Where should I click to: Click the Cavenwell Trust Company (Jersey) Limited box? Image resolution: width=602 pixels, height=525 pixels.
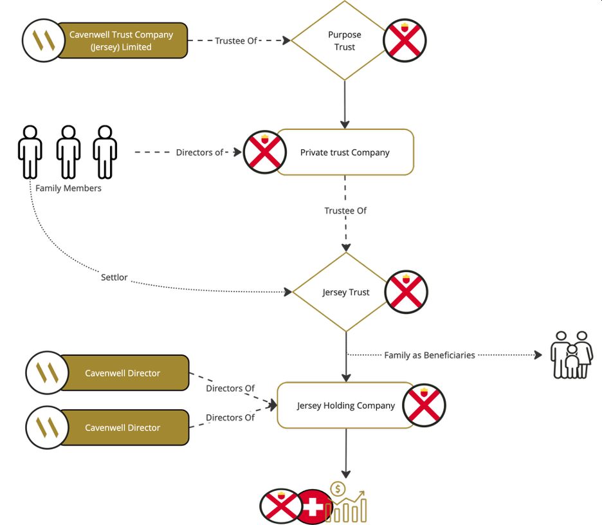click(x=121, y=41)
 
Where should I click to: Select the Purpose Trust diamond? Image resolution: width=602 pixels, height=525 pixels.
click(x=345, y=41)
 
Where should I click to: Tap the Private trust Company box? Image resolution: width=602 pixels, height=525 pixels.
click(x=345, y=152)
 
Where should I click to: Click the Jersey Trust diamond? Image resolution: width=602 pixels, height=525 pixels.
click(x=346, y=292)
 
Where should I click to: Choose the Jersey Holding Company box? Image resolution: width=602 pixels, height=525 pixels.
click(x=345, y=406)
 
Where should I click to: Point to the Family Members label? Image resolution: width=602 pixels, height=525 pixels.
click(x=68, y=189)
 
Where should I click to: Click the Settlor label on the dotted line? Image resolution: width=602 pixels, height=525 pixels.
click(x=114, y=278)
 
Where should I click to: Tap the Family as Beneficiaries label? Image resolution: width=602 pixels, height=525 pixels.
click(x=430, y=355)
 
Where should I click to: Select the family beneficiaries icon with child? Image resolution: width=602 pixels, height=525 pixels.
click(x=572, y=355)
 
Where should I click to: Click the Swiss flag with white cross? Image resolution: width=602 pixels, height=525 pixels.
click(x=314, y=506)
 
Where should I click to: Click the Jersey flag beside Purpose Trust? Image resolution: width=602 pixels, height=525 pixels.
click(x=405, y=41)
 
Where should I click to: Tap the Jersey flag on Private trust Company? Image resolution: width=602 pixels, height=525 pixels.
click(x=265, y=152)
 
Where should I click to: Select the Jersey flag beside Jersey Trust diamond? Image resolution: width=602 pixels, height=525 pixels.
click(x=406, y=293)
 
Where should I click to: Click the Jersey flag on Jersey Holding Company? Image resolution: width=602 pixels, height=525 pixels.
click(x=424, y=406)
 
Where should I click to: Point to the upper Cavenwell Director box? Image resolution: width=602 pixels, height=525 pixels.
click(x=122, y=373)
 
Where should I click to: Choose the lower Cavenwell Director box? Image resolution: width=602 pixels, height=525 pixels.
click(x=122, y=428)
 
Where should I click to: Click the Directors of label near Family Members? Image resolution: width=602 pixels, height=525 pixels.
click(x=199, y=152)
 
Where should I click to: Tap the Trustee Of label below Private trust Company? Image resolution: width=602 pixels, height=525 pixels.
click(x=345, y=210)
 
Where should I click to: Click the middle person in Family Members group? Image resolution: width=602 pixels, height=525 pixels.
click(x=68, y=151)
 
